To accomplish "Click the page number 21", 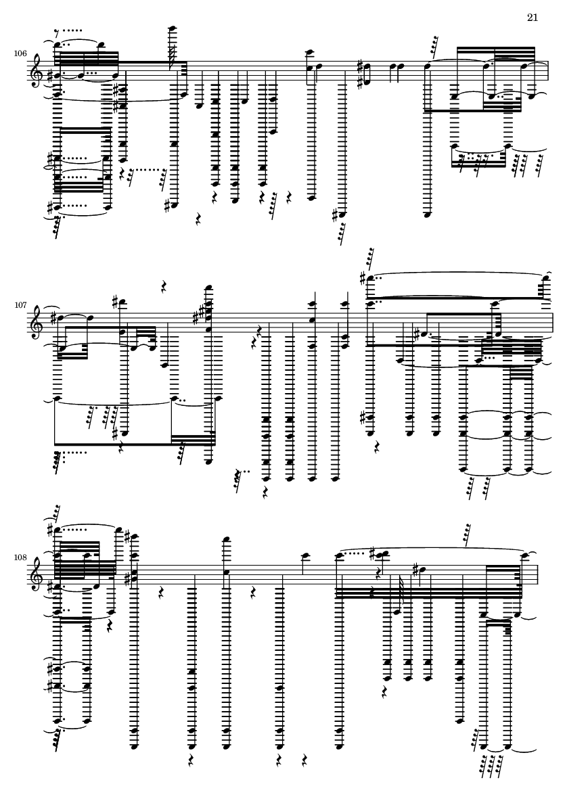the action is [x=533, y=18].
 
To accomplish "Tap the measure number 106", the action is [x=20, y=54].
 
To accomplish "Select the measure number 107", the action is [x=20, y=305].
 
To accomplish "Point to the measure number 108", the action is [x=20, y=557].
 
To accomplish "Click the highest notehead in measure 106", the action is [x=173, y=28].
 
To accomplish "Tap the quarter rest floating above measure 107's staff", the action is [x=164, y=287].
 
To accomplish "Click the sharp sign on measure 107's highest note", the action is [x=362, y=278].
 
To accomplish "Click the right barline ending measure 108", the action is [x=537, y=575].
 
